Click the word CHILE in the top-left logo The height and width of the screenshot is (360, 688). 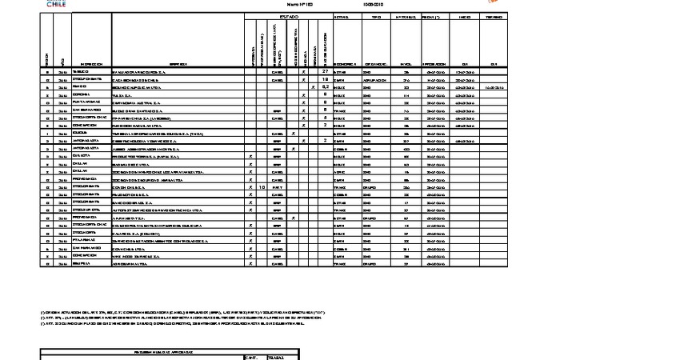click(57, 4)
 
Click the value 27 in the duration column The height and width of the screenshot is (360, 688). click(326, 72)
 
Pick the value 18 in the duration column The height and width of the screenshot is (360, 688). click(326, 80)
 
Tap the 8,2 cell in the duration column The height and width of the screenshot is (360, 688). click(326, 87)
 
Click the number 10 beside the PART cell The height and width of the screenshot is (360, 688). click(262, 186)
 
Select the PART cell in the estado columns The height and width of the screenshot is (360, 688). click(278, 186)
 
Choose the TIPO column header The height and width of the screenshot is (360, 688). click(376, 16)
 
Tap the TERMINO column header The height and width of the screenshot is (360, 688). click(494, 16)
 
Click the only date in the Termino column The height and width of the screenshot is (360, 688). click(494, 87)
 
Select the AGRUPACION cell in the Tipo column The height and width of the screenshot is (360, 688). click(376, 80)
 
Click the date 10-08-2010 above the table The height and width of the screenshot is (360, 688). click(372, 3)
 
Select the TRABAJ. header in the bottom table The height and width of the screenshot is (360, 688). click(275, 357)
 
